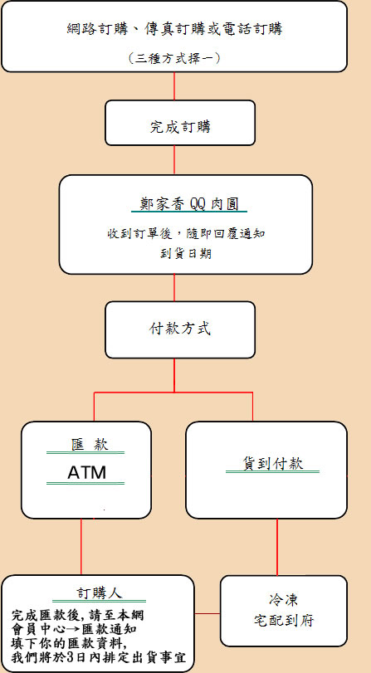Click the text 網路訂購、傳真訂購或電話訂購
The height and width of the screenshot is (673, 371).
click(175, 29)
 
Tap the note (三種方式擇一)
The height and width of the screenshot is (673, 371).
click(174, 58)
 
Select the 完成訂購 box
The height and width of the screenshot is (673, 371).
click(180, 123)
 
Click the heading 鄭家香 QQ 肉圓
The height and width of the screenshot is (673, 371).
click(189, 204)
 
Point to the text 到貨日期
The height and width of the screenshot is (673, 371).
click(186, 253)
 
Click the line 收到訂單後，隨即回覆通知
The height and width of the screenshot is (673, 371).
click(186, 234)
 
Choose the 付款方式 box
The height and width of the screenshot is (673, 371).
click(180, 329)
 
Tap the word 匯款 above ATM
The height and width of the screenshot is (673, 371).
click(90, 445)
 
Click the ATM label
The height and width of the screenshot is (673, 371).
click(86, 472)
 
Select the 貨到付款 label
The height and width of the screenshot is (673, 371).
click(273, 464)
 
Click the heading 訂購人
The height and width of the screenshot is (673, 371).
click(100, 593)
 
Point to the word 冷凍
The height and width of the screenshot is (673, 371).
click(283, 600)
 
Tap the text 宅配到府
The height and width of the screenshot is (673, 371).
click(283, 621)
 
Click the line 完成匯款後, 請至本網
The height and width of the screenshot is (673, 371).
click(77, 616)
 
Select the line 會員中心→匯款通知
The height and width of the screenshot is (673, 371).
click(75, 630)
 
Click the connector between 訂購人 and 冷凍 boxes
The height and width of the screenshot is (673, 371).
click(207, 613)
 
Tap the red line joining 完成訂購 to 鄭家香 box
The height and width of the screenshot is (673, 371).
click(174, 159)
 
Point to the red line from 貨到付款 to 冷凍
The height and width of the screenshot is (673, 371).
click(277, 547)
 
